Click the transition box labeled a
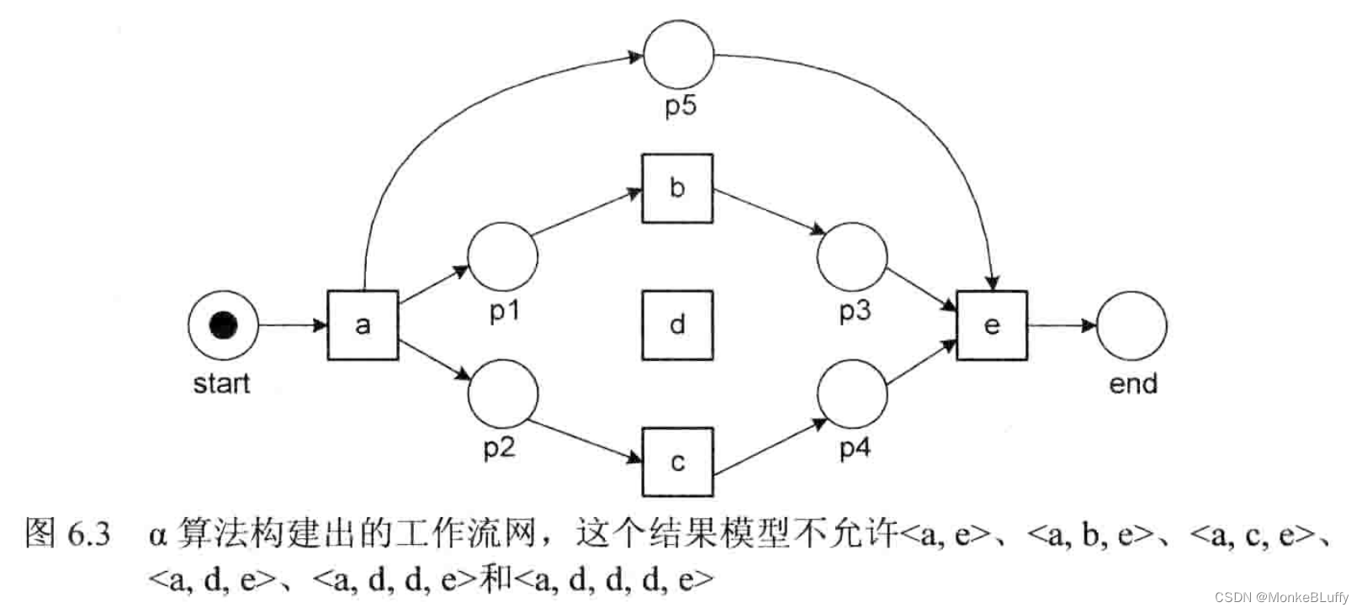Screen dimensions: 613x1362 (x=363, y=325)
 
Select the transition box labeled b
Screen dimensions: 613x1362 (x=677, y=188)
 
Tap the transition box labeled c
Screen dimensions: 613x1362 (x=677, y=462)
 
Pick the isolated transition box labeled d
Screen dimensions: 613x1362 (x=677, y=325)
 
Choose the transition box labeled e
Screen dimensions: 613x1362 (x=992, y=325)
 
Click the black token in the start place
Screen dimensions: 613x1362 (x=223, y=325)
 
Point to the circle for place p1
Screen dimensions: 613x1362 (x=502, y=257)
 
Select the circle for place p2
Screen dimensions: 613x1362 (x=502, y=394)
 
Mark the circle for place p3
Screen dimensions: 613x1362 (x=852, y=257)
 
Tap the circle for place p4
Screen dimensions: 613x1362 (x=852, y=394)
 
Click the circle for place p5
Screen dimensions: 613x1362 (x=678, y=55)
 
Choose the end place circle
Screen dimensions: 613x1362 (x=1131, y=325)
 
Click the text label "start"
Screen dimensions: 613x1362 (x=221, y=383)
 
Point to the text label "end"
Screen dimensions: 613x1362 (x=1133, y=384)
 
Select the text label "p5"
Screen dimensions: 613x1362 (x=680, y=106)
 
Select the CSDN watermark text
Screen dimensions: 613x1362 (x=1280, y=597)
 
